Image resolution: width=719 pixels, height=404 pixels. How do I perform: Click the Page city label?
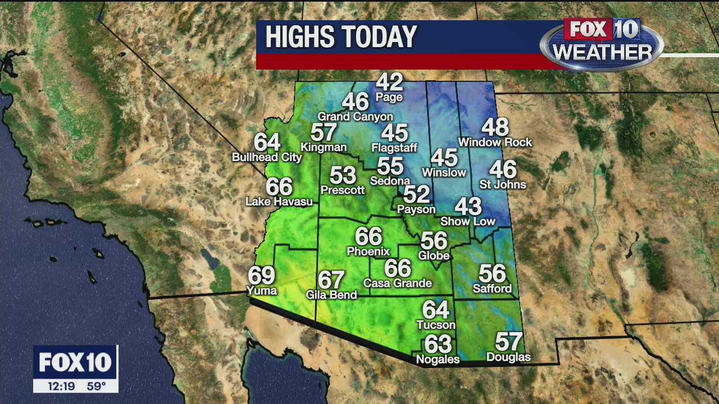389,97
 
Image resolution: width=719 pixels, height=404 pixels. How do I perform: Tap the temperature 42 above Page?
389,82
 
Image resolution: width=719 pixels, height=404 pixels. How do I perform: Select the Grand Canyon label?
355,117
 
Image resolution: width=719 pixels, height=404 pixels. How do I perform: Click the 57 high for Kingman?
324,132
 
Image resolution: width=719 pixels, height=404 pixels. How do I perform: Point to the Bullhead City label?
267,158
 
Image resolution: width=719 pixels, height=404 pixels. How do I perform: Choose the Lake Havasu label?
279,201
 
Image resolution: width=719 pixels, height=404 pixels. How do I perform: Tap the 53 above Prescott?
343,175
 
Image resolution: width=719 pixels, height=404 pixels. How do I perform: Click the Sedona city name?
390,181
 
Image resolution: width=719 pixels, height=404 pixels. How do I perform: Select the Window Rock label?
495,143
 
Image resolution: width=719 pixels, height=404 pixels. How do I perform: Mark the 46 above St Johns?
503,169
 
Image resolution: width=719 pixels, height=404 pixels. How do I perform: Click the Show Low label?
468,221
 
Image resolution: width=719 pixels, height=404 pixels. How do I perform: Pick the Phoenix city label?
368,251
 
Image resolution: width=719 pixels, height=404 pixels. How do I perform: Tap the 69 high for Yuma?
262,276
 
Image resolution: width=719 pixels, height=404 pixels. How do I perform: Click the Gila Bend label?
331,295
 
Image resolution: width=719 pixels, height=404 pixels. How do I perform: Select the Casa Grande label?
398,283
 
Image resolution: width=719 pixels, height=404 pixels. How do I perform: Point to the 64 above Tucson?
436,309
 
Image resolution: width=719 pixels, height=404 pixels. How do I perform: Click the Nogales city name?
438,359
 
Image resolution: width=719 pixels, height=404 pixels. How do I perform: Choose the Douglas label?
508,357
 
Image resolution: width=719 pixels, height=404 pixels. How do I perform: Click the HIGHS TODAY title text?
341,38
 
